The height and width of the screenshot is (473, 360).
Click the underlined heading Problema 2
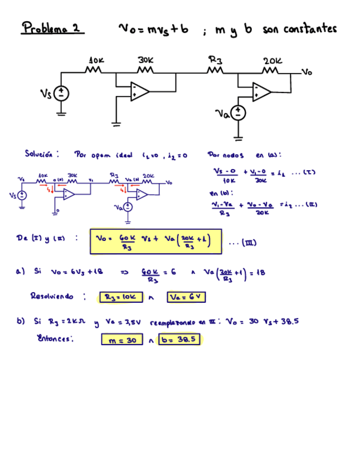point(52,27)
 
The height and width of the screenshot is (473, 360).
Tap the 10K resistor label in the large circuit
point(96,60)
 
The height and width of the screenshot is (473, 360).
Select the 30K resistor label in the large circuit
point(145,60)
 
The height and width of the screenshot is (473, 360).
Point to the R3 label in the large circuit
point(215,59)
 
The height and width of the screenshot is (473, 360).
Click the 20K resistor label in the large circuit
point(273,60)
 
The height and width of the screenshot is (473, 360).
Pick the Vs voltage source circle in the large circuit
point(61,94)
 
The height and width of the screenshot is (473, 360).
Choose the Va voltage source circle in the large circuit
point(239,113)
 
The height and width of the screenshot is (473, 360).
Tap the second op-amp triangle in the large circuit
point(260,91)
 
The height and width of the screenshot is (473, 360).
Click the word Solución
point(42,154)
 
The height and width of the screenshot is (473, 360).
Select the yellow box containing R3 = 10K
point(120,297)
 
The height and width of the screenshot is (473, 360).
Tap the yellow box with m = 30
point(122,339)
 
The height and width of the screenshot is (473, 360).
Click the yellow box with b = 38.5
point(179,339)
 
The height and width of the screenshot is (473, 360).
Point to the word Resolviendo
point(51,296)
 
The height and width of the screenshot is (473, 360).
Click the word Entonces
point(55,338)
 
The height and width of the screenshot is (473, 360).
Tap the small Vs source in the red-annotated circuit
point(22,195)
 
